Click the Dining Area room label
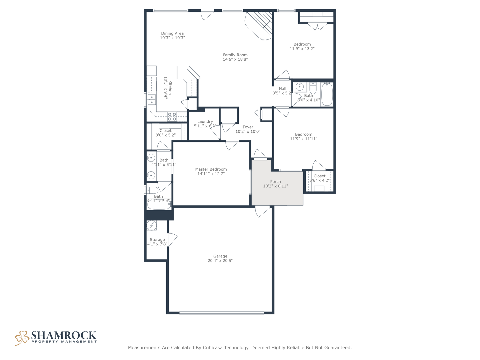[x=172, y=33]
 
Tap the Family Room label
[x=235, y=55]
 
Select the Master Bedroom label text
[x=211, y=169]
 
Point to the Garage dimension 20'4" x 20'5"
[x=220, y=261]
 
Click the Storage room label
[x=157, y=240]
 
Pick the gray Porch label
[x=275, y=182]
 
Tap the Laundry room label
[x=205, y=122]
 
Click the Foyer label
[x=248, y=127]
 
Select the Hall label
[x=282, y=89]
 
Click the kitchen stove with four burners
[x=172, y=117]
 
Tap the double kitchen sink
[x=152, y=99]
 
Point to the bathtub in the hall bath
[x=327, y=94]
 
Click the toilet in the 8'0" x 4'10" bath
[x=313, y=88]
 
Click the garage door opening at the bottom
[x=222, y=313]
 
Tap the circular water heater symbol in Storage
[x=151, y=225]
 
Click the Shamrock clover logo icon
[x=22, y=338]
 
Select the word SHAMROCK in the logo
[x=64, y=335]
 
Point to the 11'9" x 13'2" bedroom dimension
[x=302, y=49]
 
